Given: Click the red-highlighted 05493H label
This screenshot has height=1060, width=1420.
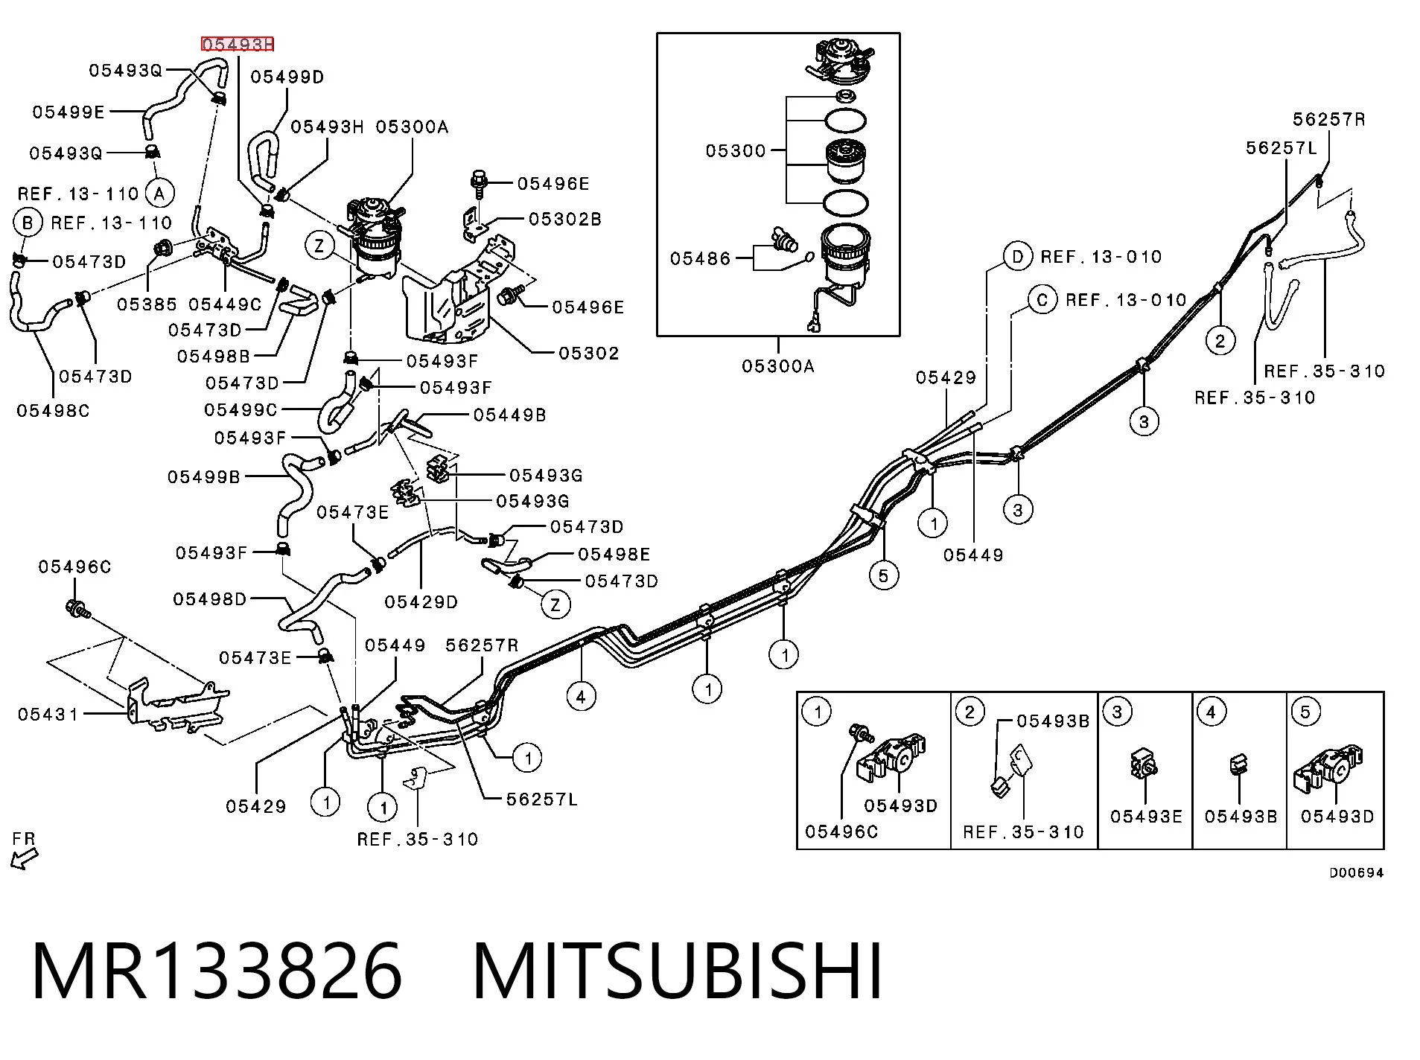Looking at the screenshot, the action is [238, 45].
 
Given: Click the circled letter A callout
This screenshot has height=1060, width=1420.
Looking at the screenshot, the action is [159, 194].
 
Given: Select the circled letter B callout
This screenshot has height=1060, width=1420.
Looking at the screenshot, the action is [28, 223].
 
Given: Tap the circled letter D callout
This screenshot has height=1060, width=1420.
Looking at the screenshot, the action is [1017, 257].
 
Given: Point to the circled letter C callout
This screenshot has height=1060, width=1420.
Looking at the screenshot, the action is [1042, 300].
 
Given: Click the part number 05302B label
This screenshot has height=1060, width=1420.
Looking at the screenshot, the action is [565, 220].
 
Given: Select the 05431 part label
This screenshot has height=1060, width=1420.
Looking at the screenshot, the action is [48, 715].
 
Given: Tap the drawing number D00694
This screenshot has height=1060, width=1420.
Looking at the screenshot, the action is [1357, 873].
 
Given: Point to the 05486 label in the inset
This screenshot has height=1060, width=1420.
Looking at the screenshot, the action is [701, 258].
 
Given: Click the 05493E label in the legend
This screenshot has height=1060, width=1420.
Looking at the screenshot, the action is [1146, 817].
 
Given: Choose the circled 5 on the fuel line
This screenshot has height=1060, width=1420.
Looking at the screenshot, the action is [884, 575].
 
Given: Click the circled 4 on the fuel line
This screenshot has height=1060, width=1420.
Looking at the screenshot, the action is [581, 697].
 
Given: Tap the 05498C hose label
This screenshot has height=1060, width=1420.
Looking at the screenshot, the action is [53, 411].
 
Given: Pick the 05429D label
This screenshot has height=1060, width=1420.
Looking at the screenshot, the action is [421, 601].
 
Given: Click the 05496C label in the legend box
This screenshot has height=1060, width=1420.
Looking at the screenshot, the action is [841, 831].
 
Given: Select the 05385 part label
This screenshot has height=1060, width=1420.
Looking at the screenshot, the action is [147, 304].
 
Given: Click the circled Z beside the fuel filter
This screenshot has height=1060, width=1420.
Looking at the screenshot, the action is [320, 246].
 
